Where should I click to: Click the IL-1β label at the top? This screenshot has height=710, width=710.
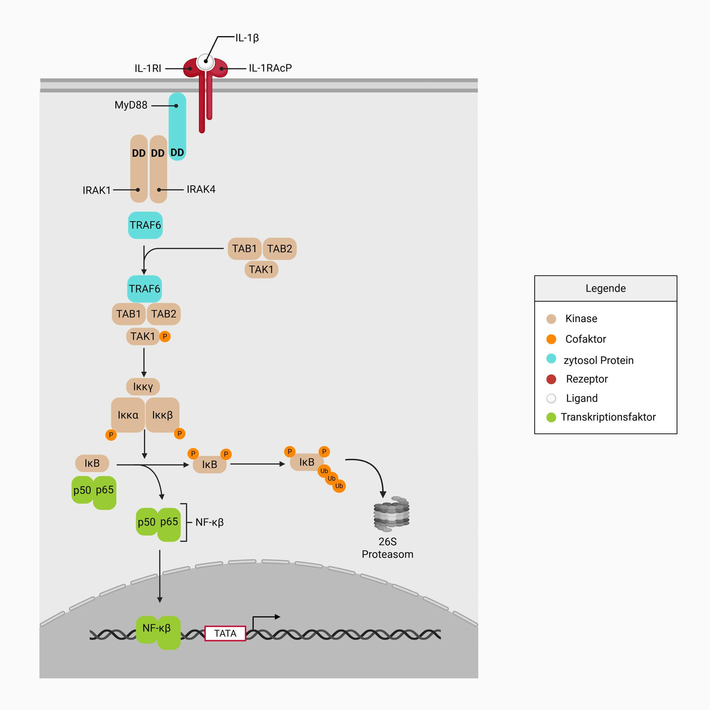[x=247, y=38]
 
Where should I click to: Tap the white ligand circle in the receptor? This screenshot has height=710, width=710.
[x=206, y=62]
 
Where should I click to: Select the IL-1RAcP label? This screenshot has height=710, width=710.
[x=270, y=68]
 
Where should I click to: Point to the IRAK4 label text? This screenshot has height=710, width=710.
[x=201, y=189]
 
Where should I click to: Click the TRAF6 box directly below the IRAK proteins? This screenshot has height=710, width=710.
[x=145, y=225]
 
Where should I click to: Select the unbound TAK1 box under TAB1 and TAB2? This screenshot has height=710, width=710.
[x=261, y=270]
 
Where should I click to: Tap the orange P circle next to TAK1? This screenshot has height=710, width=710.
[x=165, y=337]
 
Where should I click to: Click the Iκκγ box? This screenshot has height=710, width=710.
[x=143, y=387]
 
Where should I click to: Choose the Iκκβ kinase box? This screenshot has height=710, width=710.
[x=162, y=415]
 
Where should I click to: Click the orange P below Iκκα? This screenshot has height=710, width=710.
[x=111, y=435]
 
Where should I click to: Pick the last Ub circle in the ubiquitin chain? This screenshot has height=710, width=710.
[x=339, y=486]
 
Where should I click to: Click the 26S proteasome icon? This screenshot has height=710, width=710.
[x=391, y=514]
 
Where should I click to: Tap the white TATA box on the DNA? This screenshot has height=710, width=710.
[x=225, y=633]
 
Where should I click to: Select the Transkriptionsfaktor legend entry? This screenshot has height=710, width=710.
[x=608, y=417]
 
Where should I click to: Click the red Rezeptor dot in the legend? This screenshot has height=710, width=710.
[x=551, y=379]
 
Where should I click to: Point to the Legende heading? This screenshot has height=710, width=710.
[x=605, y=288]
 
